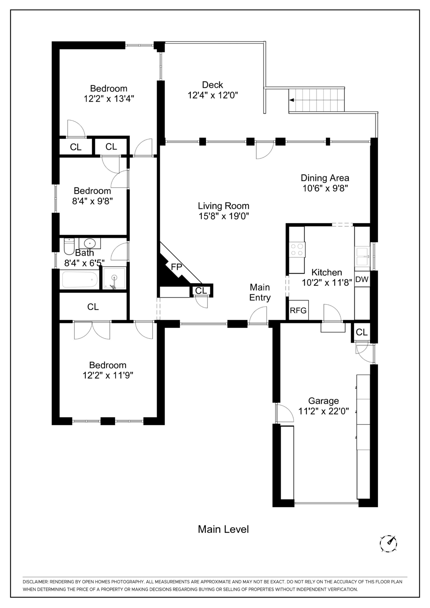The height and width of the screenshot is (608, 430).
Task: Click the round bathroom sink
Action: (90, 243)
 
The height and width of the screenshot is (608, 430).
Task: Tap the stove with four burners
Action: (297, 249)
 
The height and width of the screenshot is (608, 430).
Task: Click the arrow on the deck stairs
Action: (292, 100)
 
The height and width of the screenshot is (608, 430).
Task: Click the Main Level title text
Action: (223, 529)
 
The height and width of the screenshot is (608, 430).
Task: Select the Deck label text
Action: (213, 85)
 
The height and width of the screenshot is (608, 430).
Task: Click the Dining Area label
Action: (325, 178)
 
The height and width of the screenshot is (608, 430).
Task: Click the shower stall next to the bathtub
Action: (114, 278)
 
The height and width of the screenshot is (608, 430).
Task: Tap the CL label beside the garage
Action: (362, 332)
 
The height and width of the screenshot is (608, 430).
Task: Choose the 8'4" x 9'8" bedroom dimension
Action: (92, 201)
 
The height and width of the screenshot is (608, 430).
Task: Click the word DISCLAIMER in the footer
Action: (35, 582)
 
